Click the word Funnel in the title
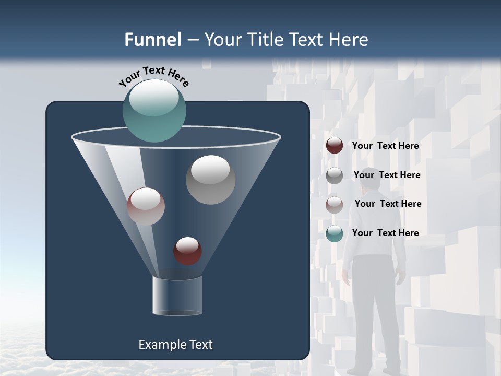pyautogui.click(x=152, y=40)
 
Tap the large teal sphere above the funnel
pyautogui.click(x=154, y=111)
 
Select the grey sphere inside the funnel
pyautogui.click(x=210, y=180)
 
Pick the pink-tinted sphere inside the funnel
pyautogui.click(x=146, y=206)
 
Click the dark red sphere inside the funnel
pyautogui.click(x=187, y=251)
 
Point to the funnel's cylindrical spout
pyautogui.click(x=177, y=296)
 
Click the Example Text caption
pyautogui.click(x=175, y=345)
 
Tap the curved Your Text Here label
pyautogui.click(x=153, y=76)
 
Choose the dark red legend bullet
pyautogui.click(x=335, y=146)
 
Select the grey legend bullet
pyautogui.click(x=335, y=175)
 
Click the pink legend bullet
pyautogui.click(x=335, y=204)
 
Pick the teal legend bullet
pyautogui.click(x=335, y=233)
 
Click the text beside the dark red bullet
pyautogui.click(x=385, y=146)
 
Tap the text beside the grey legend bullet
pyautogui.click(x=387, y=175)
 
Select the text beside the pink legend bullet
pyautogui.click(x=388, y=204)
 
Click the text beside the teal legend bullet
pyautogui.click(x=385, y=233)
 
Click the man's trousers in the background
pyautogui.click(x=373, y=308)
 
